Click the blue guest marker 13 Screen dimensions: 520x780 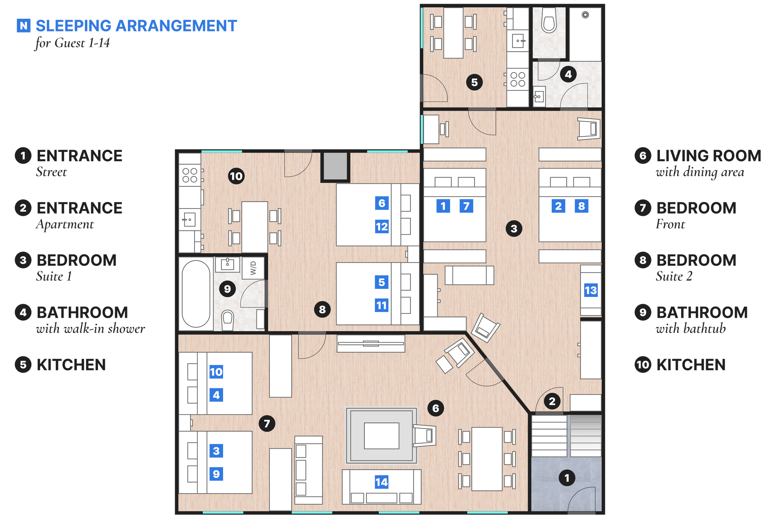pyautogui.click(x=591, y=290)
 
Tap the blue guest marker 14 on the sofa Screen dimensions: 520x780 pyautogui.click(x=381, y=482)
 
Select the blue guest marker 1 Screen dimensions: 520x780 pyautogui.click(x=443, y=206)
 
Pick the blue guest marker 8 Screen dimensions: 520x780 pyautogui.click(x=581, y=206)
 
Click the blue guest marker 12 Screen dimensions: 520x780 pyautogui.click(x=382, y=226)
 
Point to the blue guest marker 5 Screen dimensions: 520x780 pyautogui.click(x=382, y=282)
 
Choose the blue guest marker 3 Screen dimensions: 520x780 pyautogui.click(x=216, y=451)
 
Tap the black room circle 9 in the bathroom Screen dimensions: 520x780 pyautogui.click(x=227, y=289)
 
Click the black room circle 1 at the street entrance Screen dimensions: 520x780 pyautogui.click(x=567, y=478)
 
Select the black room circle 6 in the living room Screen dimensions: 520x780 pyautogui.click(x=436, y=408)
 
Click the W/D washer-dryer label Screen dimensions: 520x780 pyautogui.click(x=253, y=268)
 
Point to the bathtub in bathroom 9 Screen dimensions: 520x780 pyautogui.click(x=196, y=294)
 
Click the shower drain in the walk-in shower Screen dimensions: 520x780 pyautogui.click(x=585, y=15)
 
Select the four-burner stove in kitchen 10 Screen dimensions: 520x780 pyautogui.click(x=190, y=175)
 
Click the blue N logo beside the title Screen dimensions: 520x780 pyautogui.click(x=23, y=26)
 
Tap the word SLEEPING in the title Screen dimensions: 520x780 pyautogui.click(x=74, y=26)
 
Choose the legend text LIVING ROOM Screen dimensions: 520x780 pyautogui.click(x=709, y=156)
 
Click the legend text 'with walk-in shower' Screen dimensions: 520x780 pyautogui.click(x=90, y=329)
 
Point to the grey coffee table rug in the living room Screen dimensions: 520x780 pyautogui.click(x=381, y=435)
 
